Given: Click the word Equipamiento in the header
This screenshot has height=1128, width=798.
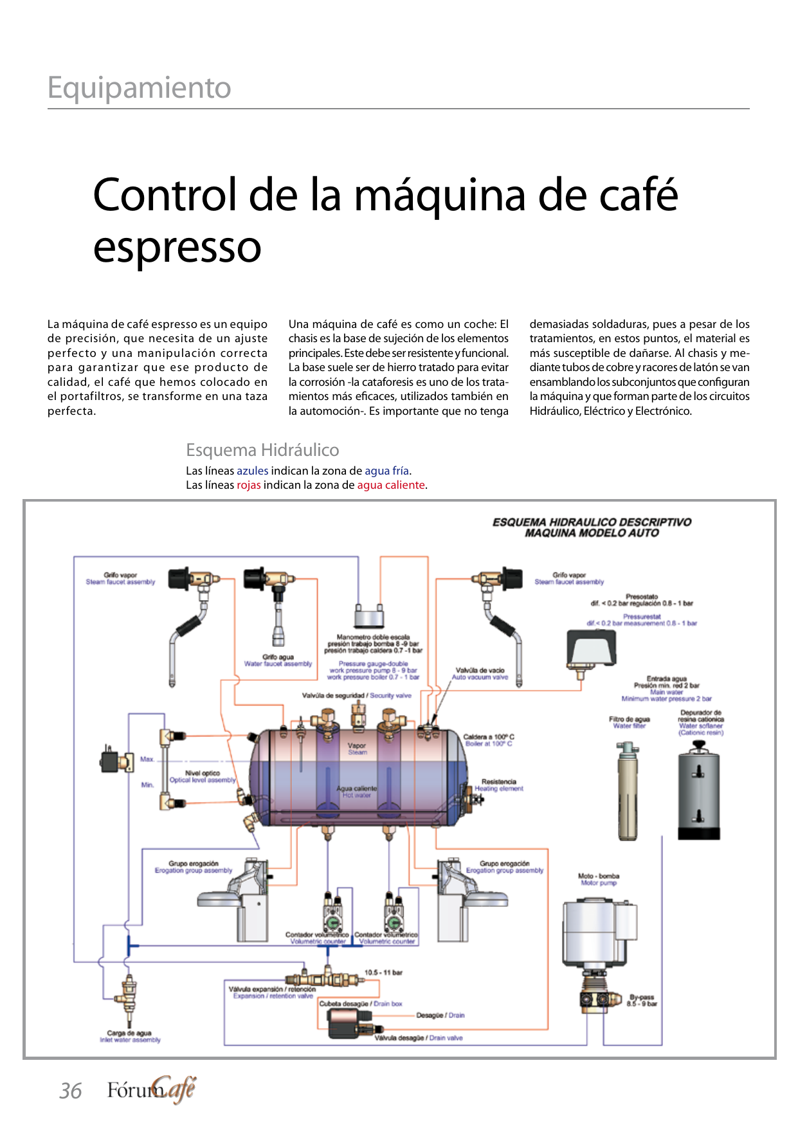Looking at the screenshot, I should click(140, 88).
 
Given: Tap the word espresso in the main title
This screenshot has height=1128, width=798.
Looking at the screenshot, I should click(177, 247).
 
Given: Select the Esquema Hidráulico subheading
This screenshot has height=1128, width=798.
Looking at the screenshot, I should click(262, 450).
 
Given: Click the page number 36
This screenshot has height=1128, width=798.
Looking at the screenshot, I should click(70, 1091).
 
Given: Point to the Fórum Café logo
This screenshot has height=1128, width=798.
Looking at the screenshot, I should click(151, 1089).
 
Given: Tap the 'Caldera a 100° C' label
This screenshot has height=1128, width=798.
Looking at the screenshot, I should click(489, 737).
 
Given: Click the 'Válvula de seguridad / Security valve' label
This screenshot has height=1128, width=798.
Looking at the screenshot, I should click(356, 696).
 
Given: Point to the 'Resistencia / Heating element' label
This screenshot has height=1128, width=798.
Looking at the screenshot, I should click(498, 785).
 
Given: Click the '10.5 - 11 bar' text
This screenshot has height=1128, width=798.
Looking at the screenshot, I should click(383, 972).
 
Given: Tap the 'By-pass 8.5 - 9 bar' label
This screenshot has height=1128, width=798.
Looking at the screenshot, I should click(642, 1000).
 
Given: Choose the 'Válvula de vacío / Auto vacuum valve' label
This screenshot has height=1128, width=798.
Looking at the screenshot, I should click(480, 673).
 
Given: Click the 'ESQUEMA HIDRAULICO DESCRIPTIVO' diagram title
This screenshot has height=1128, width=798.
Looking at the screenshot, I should click(592, 522).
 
